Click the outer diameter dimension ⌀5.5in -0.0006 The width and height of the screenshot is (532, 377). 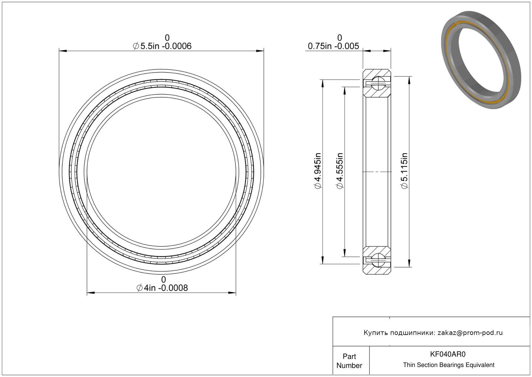(x=162, y=46)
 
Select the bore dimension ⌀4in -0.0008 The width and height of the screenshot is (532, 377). (x=162, y=288)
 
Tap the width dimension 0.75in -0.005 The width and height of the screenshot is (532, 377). (x=334, y=46)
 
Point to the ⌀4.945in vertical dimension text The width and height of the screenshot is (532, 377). (x=318, y=171)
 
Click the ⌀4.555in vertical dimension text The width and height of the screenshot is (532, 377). (x=340, y=171)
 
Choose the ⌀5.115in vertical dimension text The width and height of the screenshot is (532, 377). (x=404, y=171)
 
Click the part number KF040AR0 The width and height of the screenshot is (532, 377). (x=448, y=354)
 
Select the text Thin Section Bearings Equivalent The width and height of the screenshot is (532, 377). (x=449, y=365)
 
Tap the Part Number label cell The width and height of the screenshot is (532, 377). (x=349, y=361)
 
